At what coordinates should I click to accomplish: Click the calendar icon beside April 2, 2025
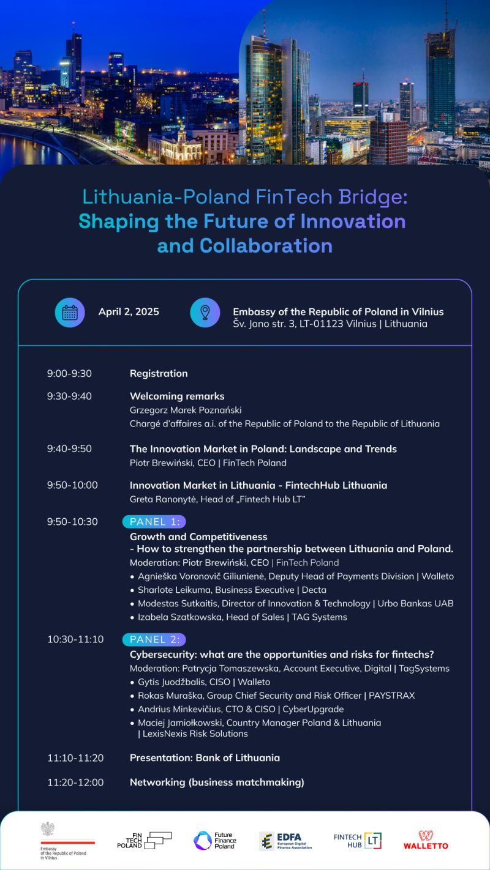pyautogui.click(x=70, y=312)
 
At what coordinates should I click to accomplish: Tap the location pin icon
pyautogui.click(x=205, y=312)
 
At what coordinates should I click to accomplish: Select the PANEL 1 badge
pyautogui.click(x=154, y=521)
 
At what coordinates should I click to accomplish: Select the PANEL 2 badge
pyautogui.click(x=154, y=639)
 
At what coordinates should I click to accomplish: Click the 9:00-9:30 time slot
pyautogui.click(x=69, y=373)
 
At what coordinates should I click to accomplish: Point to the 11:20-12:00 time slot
pyautogui.click(x=75, y=782)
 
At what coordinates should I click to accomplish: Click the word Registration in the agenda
pyautogui.click(x=159, y=373)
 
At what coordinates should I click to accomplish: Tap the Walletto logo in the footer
pyautogui.click(x=426, y=839)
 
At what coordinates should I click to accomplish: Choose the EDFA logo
pyautogui.click(x=285, y=841)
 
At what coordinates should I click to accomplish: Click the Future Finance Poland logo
pyautogui.click(x=214, y=840)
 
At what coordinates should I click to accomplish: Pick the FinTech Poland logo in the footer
pyautogui.click(x=145, y=840)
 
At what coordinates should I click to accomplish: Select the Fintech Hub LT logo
pyautogui.click(x=358, y=840)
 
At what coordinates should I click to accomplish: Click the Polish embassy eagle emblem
pyautogui.click(x=47, y=829)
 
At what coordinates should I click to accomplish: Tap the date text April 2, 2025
pyautogui.click(x=129, y=312)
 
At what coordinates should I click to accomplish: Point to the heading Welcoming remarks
pyautogui.click(x=177, y=396)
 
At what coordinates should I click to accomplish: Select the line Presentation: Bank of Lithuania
pyautogui.click(x=205, y=757)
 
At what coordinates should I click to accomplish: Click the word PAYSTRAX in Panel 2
pyautogui.click(x=392, y=695)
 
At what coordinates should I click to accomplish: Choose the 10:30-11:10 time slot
pyautogui.click(x=75, y=639)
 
